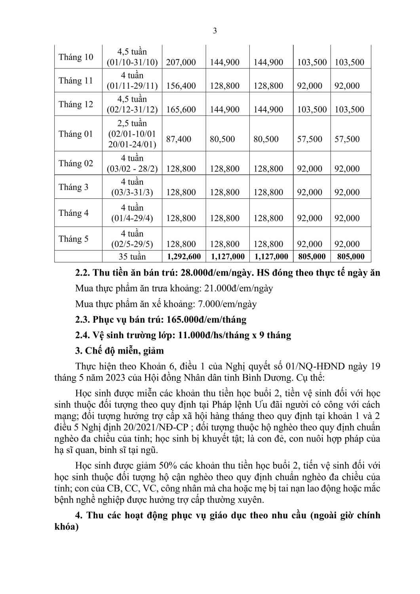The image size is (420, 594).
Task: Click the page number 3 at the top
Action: click(x=215, y=31)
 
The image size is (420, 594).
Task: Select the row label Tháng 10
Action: click(x=76, y=57)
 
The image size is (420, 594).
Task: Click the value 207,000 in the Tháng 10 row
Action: click(x=181, y=62)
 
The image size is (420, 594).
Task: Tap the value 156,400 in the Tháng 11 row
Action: click(x=181, y=86)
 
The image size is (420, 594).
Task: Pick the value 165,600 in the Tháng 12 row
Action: click(x=181, y=110)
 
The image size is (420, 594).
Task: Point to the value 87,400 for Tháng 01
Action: click(x=179, y=139)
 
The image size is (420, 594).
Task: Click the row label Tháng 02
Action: click(x=76, y=164)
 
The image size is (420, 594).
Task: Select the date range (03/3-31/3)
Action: click(x=132, y=192)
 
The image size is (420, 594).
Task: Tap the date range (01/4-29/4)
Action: click(x=132, y=218)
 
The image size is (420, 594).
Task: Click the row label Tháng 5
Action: click(x=74, y=239)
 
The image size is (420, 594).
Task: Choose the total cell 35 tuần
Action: click(x=132, y=257)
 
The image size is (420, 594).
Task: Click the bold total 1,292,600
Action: click(x=184, y=257)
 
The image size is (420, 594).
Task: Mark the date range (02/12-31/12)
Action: click(x=132, y=110)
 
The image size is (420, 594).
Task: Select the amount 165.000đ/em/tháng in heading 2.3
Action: click(x=206, y=320)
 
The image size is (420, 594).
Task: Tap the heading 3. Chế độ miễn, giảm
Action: click(x=119, y=351)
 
